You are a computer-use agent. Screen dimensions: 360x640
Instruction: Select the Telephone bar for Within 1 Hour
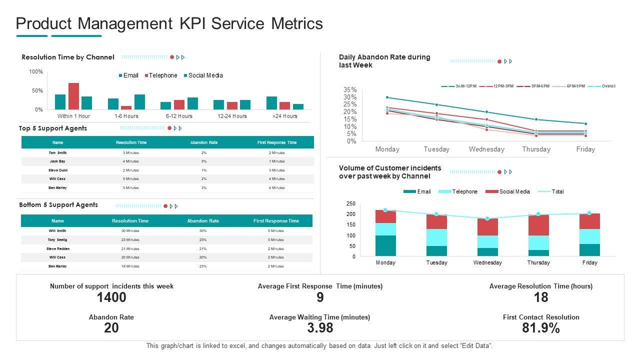click(x=73, y=96)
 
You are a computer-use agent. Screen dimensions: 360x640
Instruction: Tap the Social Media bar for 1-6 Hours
click(x=139, y=102)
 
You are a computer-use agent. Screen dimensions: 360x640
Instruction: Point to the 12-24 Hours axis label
click(x=232, y=116)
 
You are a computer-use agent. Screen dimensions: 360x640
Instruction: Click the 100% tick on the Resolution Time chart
click(x=36, y=72)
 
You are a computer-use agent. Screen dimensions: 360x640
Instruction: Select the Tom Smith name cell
click(x=57, y=152)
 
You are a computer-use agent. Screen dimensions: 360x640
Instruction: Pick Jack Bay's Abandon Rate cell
click(x=204, y=161)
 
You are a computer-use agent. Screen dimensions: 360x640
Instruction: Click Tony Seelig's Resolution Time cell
click(x=130, y=240)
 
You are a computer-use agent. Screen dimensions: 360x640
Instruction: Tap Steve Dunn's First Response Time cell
click(x=276, y=170)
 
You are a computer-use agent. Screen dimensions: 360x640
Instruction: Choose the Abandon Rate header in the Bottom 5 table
click(x=203, y=220)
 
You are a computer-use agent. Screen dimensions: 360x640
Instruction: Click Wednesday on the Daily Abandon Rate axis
click(x=486, y=149)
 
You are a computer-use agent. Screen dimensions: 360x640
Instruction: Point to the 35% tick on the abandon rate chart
click(x=350, y=90)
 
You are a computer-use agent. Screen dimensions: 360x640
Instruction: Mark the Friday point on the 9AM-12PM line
click(x=585, y=123)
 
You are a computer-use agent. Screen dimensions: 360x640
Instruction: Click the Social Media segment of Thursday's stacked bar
click(x=538, y=225)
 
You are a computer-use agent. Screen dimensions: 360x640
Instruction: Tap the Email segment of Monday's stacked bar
click(x=385, y=245)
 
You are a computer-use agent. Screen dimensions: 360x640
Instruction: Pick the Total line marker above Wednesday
click(x=487, y=218)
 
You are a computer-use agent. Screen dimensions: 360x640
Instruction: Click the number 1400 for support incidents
click(x=111, y=297)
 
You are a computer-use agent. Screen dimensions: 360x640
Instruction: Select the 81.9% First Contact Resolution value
click(x=541, y=328)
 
